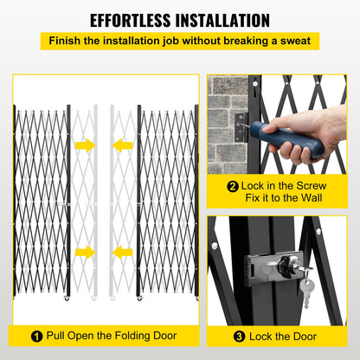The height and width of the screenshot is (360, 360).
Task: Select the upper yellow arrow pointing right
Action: (x=85, y=145)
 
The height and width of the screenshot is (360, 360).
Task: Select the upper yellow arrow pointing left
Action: (x=124, y=145)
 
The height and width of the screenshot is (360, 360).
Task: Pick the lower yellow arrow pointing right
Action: (x=85, y=252)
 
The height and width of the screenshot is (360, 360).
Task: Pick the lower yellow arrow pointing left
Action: (x=124, y=252)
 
